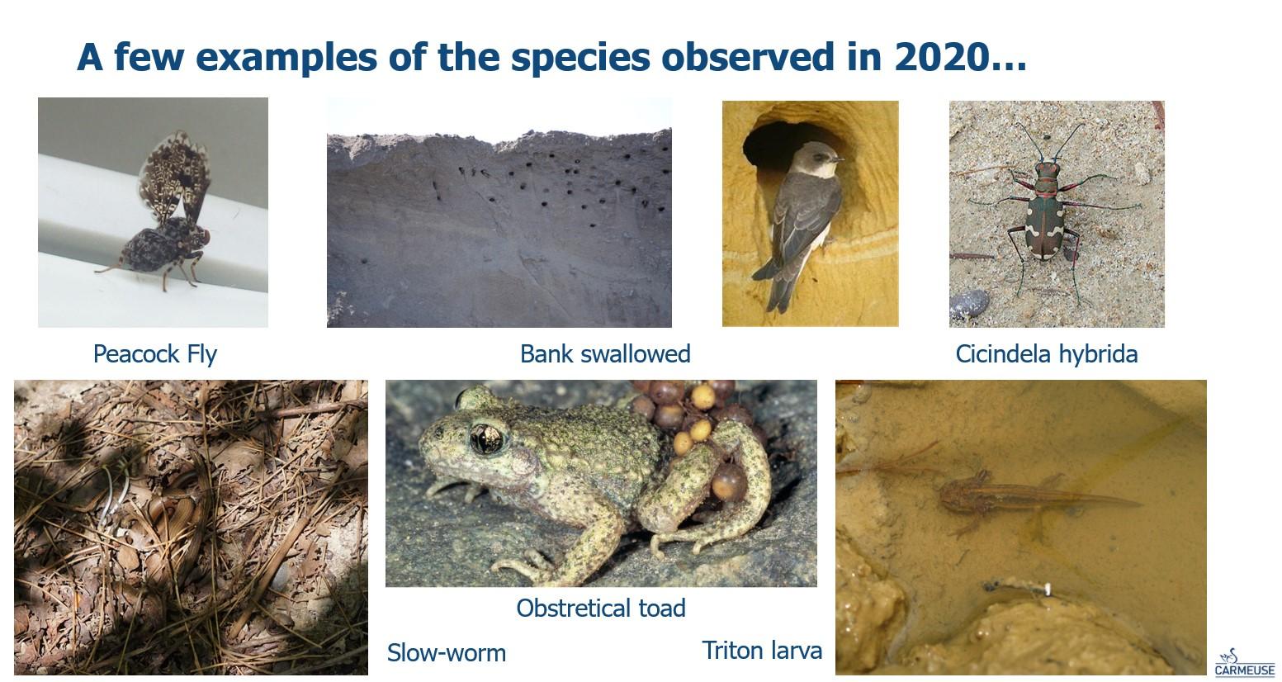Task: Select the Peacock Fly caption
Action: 155,354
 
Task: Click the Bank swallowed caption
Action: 605,354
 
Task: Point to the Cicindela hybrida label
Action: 1046,354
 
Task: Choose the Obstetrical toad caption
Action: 601,609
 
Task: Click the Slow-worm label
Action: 447,653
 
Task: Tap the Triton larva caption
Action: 762,651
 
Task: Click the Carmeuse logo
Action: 1245,664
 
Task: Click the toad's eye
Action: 486,438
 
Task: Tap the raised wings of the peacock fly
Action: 174,175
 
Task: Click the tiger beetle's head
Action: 1047,169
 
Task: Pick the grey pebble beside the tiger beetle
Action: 969,304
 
